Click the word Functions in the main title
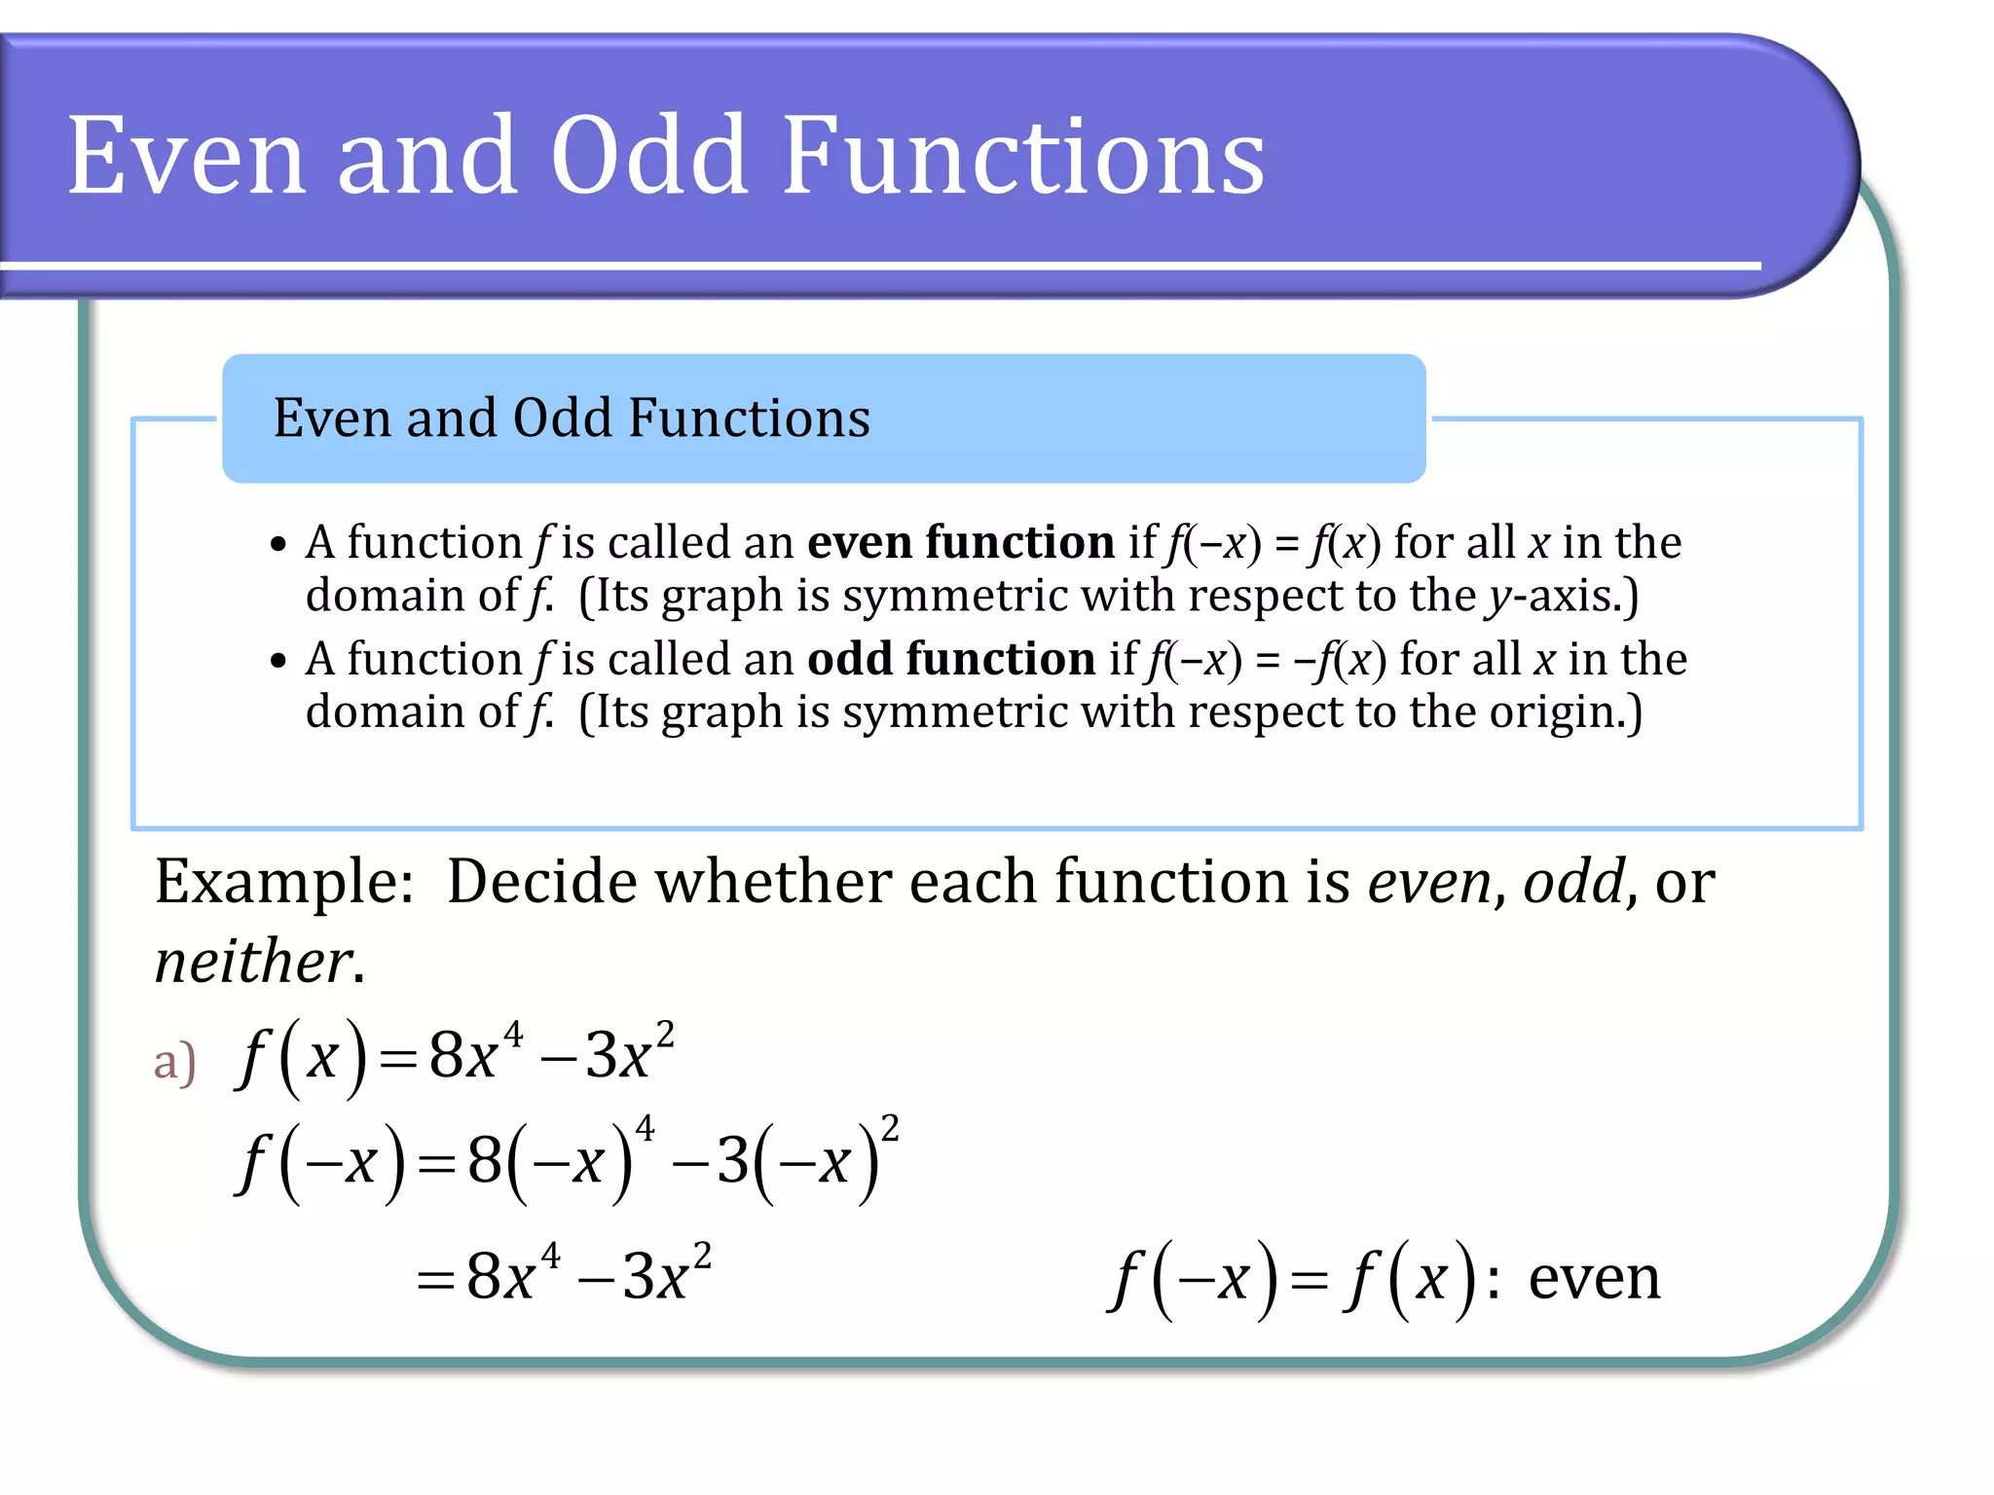[x=1022, y=156]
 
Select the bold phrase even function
[x=961, y=542]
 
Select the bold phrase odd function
[x=951, y=659]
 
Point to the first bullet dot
[x=279, y=545]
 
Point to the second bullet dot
[x=279, y=662]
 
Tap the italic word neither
[x=253, y=962]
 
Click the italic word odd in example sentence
[x=1573, y=882]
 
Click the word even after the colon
[x=1594, y=1278]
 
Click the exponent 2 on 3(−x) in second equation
[x=890, y=1128]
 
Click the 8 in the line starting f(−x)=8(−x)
[x=484, y=1161]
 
